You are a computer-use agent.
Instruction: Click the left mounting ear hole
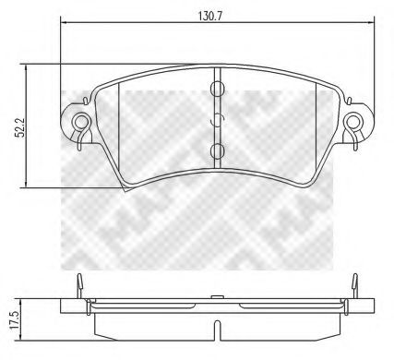[x=81, y=120]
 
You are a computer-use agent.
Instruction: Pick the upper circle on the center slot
[x=217, y=90]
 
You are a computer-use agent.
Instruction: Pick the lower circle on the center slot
[x=217, y=150]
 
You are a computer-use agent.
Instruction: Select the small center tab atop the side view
[x=217, y=296]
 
